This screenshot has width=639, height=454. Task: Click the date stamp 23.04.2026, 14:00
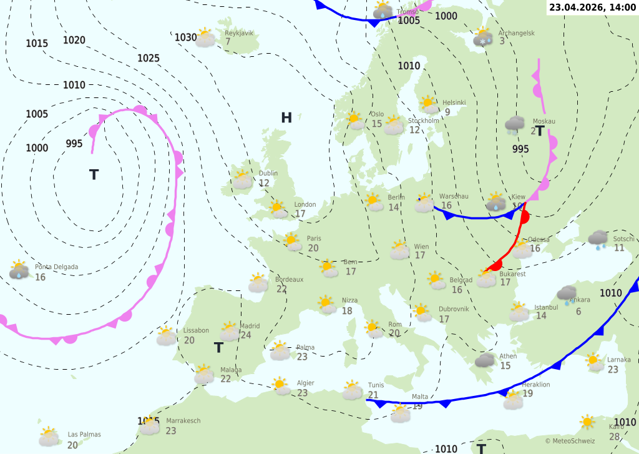(x=592, y=7)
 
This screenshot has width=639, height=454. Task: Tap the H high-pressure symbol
(x=286, y=117)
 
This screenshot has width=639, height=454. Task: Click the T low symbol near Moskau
(x=540, y=132)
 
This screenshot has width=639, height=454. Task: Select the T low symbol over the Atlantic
(x=94, y=175)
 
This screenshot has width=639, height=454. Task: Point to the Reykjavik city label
(x=239, y=32)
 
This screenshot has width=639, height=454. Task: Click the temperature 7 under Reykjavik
(x=228, y=42)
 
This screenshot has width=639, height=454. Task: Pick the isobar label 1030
(x=185, y=37)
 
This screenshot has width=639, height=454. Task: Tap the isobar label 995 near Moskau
(x=520, y=149)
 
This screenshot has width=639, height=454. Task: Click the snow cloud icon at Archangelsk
(x=483, y=37)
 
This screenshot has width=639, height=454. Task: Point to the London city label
(x=305, y=204)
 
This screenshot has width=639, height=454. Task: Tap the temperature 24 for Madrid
(x=245, y=335)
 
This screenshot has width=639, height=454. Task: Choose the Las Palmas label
(x=84, y=435)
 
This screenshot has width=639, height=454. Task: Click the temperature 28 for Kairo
(x=615, y=437)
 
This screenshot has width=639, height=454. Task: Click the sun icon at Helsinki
(x=427, y=103)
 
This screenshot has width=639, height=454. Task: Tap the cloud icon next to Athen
(x=485, y=360)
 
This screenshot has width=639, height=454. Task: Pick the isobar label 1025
(x=149, y=58)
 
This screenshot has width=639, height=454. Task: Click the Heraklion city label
(x=536, y=385)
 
